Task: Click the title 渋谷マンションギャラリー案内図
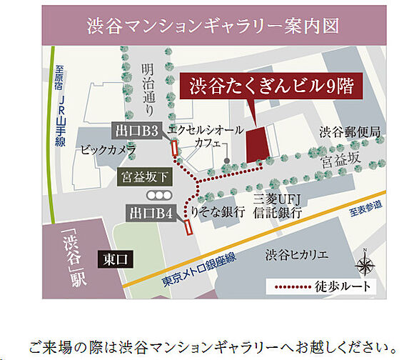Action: [x=213, y=26]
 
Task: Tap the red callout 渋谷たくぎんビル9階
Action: [x=271, y=86]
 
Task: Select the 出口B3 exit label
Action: [x=139, y=130]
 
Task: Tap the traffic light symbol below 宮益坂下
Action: [x=158, y=194]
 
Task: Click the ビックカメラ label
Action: [x=108, y=151]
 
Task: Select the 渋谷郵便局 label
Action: [x=349, y=132]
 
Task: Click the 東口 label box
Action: [x=114, y=258]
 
